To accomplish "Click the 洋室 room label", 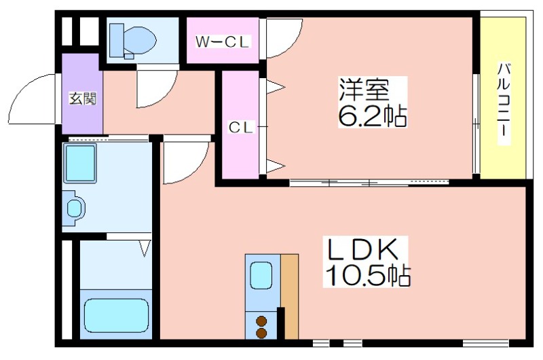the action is pos(364,90).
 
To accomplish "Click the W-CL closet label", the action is pos(222,42).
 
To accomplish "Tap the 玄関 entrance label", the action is pos(82,99).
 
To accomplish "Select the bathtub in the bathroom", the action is pos(116,314).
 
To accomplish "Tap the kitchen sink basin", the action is pos(261,275).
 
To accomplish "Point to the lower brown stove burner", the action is pos(261,334).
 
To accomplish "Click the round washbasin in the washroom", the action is pos(75,209).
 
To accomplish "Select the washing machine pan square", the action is pos(80,163).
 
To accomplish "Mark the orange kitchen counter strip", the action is pos(290,297).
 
